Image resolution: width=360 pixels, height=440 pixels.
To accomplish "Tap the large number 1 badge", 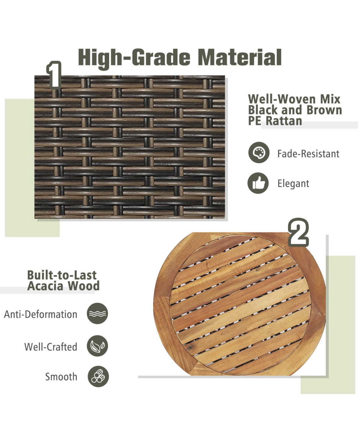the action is tap(54, 75).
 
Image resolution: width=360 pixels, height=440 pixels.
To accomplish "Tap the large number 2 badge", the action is tap(298, 232).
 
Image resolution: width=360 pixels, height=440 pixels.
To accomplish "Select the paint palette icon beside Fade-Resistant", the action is tap(259, 152).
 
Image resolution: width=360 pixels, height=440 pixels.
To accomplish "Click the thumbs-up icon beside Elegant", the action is tap(258, 183).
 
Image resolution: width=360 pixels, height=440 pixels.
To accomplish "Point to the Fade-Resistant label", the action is tap(308, 154).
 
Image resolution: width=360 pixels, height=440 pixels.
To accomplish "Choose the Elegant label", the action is tap(293, 184).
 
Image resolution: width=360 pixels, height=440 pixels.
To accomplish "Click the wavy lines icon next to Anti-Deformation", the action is tap(97, 313).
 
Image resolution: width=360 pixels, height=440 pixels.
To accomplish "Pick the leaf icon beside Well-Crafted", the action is tap(97, 346).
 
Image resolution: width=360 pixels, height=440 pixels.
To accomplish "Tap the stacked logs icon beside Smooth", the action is tap(98, 376).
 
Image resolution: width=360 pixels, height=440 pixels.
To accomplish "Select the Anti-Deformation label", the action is tap(41, 314).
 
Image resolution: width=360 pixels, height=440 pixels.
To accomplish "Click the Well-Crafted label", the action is tap(51, 347).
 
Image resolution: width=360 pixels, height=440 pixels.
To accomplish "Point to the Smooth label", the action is tap(61, 377).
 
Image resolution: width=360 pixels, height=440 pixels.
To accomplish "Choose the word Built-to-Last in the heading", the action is tap(62, 275).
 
